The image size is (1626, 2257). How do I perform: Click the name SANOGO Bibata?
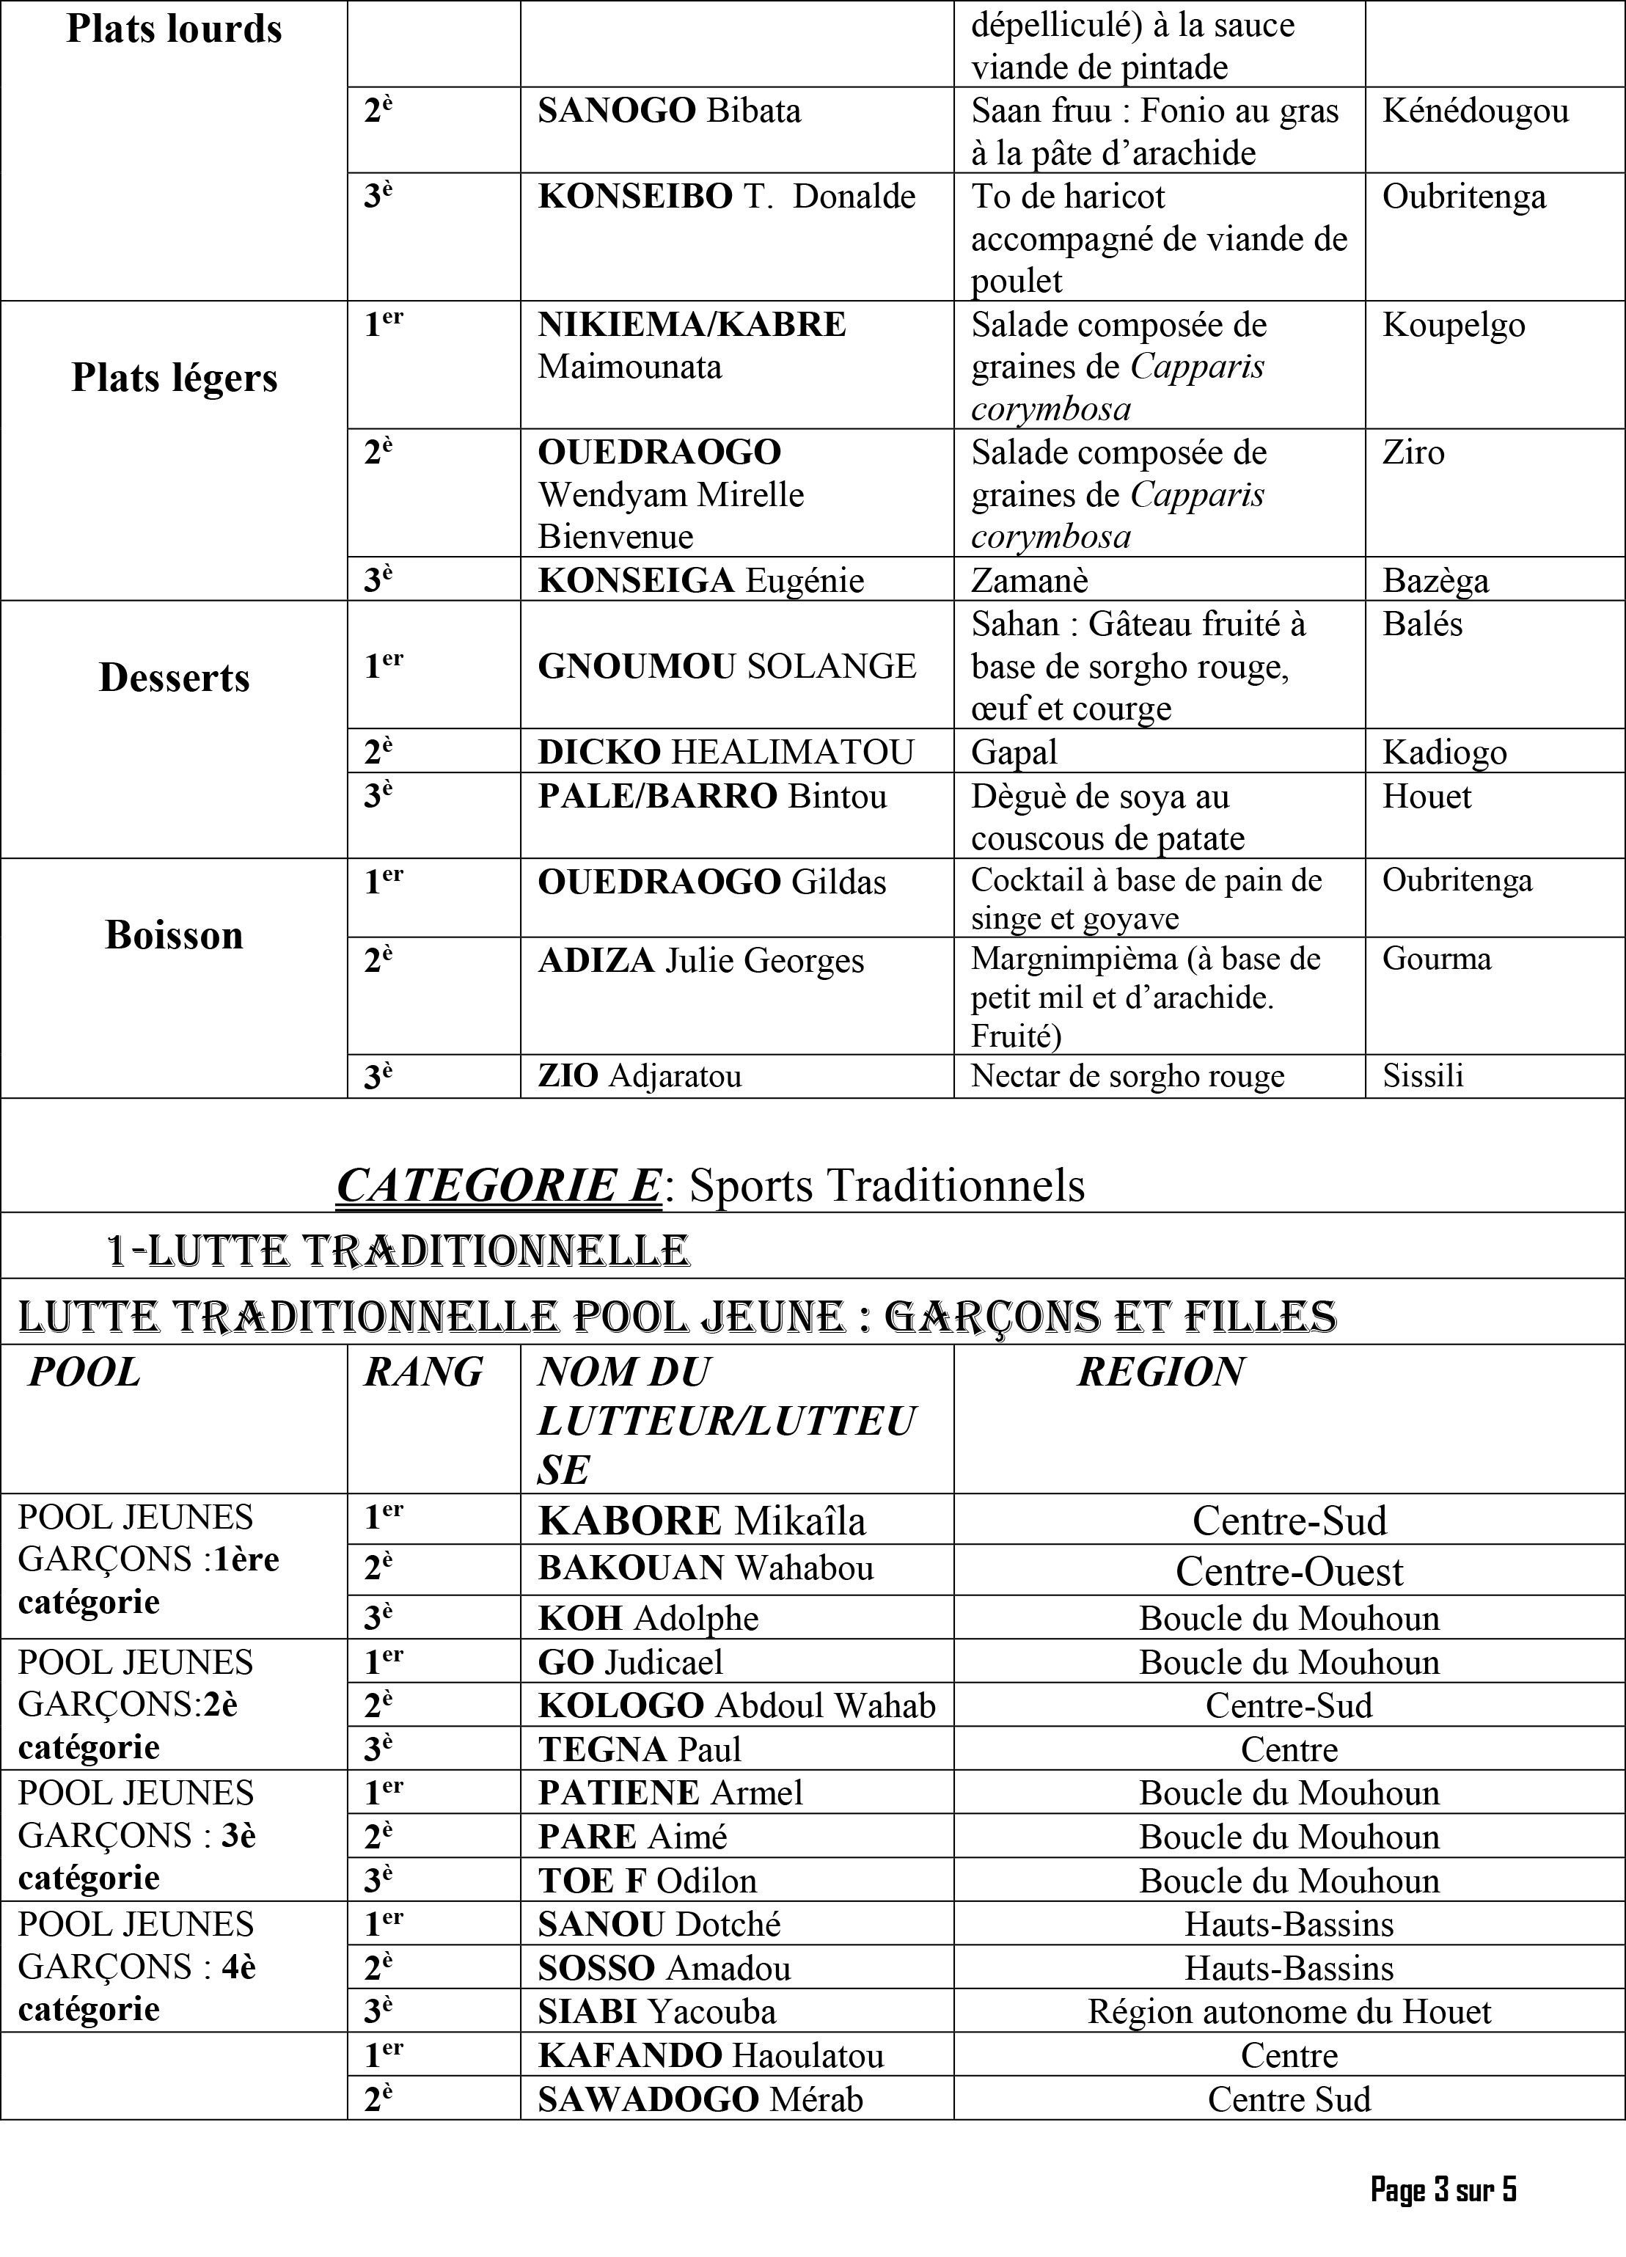coord(669,111)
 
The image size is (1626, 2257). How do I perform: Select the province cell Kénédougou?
coord(1475,111)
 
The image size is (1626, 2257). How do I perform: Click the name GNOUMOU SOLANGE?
coord(726,666)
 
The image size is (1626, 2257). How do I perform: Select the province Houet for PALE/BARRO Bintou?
coord(1426,796)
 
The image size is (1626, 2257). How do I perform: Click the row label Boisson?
coord(174,935)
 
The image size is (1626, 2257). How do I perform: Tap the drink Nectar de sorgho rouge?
coord(1127,1076)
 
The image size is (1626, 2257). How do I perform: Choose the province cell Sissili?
coord(1422,1076)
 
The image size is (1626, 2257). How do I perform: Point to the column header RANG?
coord(423,1372)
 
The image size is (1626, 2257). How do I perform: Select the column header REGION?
coord(1160,1372)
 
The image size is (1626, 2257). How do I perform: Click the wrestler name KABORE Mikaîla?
coord(702,1521)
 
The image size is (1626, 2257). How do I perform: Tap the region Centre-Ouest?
coord(1289,1570)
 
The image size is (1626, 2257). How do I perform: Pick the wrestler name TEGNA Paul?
coord(639,1749)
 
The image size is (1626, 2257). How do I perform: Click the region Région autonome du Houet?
coord(1289,2011)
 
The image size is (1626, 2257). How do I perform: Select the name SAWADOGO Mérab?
coord(700,2099)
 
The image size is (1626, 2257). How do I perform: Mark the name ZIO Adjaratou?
coord(639,1076)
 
